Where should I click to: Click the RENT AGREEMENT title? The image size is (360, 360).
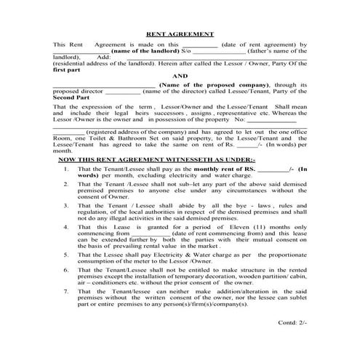click(x=180, y=33)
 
